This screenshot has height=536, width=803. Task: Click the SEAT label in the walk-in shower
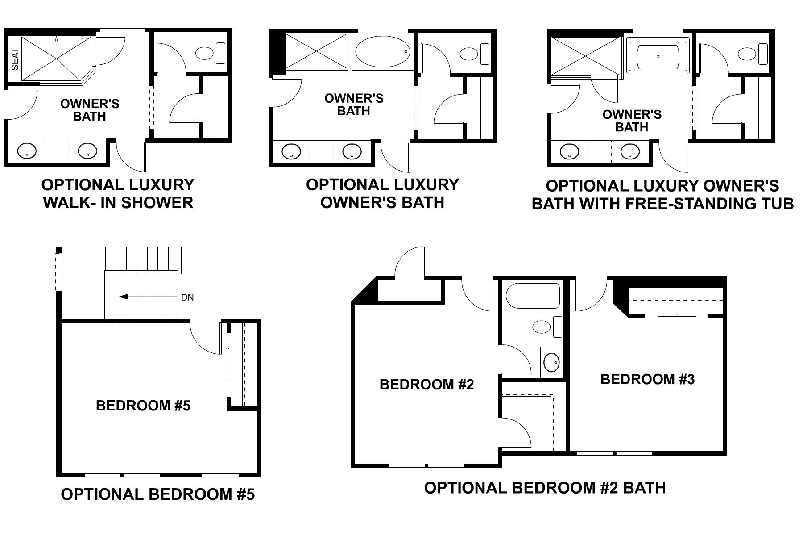tap(15, 59)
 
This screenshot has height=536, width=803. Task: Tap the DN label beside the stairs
tap(188, 297)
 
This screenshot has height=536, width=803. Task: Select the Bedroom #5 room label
tap(143, 406)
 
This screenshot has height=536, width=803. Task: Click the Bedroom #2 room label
tap(427, 385)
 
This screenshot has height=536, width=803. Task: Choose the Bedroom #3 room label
tap(647, 379)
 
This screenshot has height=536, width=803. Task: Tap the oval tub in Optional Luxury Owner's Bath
tap(382, 52)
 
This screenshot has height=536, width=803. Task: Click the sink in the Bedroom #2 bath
tap(551, 360)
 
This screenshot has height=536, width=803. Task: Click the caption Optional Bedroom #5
tap(158, 494)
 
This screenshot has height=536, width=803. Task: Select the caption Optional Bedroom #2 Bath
tap(545, 487)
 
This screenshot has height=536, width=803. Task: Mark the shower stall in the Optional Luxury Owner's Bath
tap(316, 51)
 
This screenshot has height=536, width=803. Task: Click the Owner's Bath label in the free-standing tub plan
tap(632, 121)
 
